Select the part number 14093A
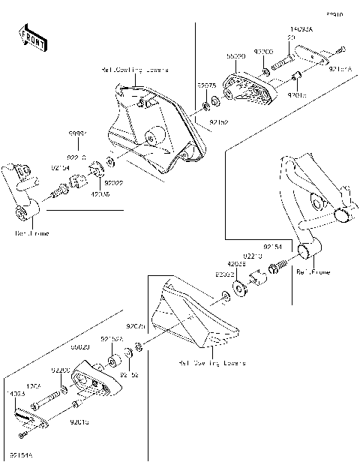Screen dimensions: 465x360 pos(300,31)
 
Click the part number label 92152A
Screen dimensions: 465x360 pos(112,339)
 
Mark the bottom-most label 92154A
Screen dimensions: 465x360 pos(21,454)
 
